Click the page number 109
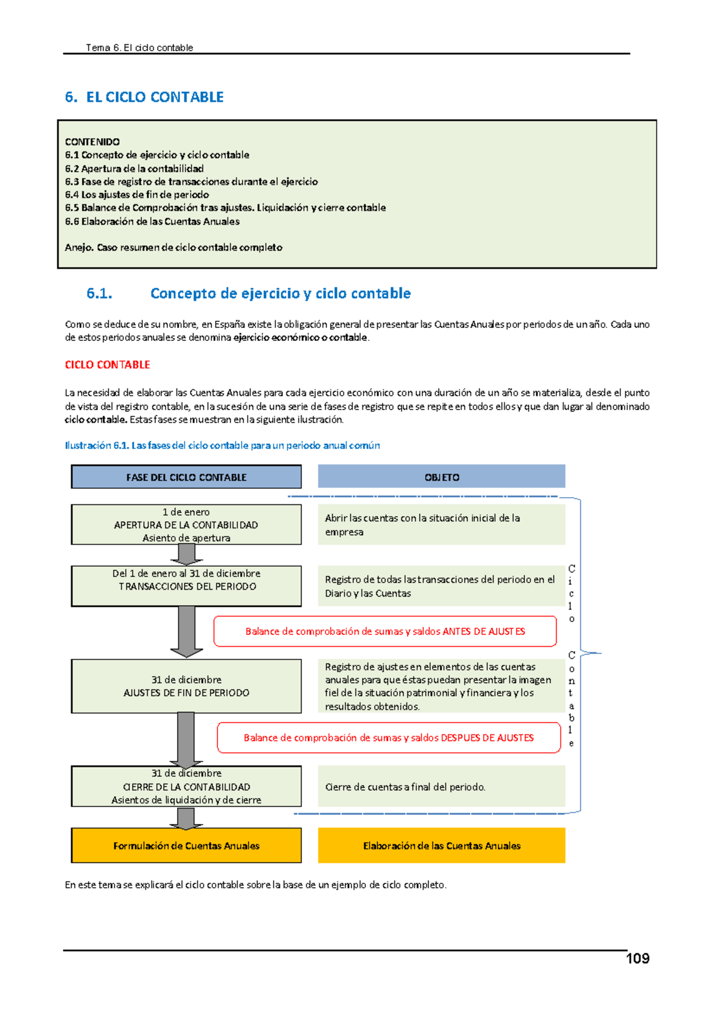pos(637,959)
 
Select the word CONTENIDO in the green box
pos(92,142)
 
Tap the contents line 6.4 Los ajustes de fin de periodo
pos(137,195)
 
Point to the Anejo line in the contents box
pos(173,247)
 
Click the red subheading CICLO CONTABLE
pos(107,365)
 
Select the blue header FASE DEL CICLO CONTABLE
pos(186,477)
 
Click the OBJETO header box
pos(442,477)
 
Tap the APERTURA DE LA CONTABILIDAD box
pos(186,525)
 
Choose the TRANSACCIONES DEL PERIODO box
pos(186,586)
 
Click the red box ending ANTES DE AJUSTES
pos(385,631)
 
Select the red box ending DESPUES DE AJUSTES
pos(388,738)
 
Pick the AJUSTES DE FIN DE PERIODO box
pos(186,686)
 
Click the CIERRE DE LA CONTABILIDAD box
pos(186,787)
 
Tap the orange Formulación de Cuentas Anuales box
pos(186,846)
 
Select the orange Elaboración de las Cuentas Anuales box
pos(442,846)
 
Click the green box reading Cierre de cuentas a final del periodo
pos(442,787)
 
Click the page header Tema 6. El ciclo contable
pos(139,48)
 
